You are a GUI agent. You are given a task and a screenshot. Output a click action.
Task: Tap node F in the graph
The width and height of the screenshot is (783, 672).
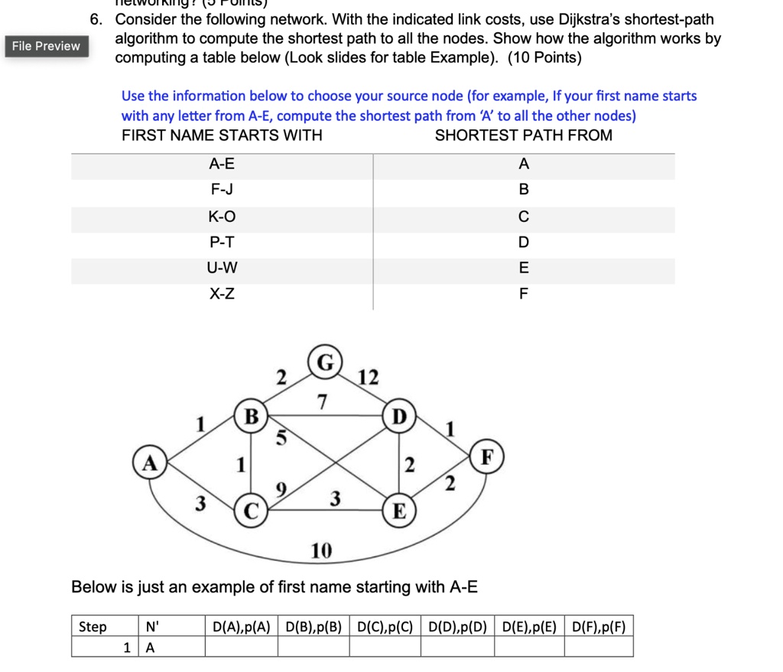(x=486, y=457)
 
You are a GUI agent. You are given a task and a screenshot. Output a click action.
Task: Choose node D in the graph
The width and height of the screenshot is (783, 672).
(x=398, y=418)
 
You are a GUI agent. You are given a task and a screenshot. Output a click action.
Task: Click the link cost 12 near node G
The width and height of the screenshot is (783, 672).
(x=367, y=377)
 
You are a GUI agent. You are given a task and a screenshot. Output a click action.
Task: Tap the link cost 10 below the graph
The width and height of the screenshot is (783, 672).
(x=321, y=550)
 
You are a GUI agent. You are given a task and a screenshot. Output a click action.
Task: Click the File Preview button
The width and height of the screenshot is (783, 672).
(x=46, y=46)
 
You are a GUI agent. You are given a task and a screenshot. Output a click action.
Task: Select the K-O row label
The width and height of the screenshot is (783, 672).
(x=222, y=217)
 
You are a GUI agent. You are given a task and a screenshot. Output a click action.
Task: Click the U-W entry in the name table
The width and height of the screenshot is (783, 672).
(x=222, y=268)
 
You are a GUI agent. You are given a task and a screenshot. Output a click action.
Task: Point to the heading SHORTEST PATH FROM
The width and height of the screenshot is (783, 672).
(x=523, y=135)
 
